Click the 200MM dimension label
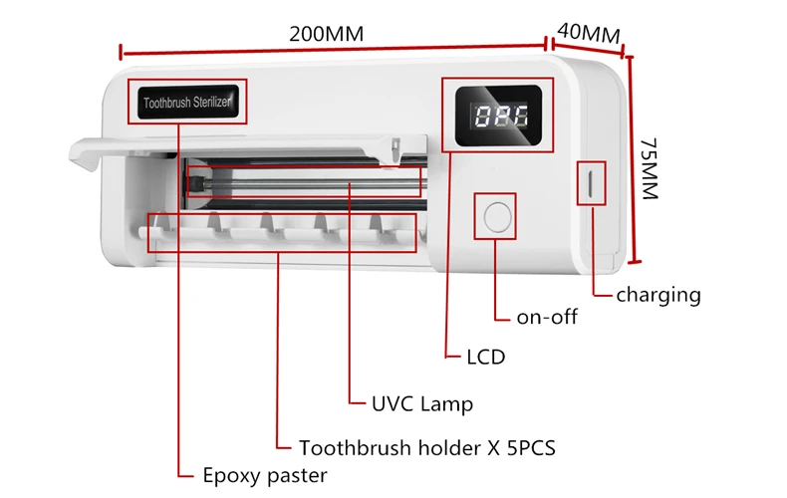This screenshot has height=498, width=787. (326, 33)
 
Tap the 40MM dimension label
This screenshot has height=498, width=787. (589, 31)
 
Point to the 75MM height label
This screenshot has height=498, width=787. (651, 168)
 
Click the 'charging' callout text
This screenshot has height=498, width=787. (657, 295)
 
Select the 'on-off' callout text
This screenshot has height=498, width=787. (547, 318)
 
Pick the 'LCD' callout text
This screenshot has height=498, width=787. (486, 357)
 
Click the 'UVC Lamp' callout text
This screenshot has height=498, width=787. (422, 403)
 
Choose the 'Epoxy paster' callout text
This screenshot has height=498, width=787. (264, 475)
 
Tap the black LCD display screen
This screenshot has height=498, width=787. (495, 118)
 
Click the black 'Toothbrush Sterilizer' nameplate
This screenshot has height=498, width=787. (186, 103)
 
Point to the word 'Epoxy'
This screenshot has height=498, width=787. (230, 476)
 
